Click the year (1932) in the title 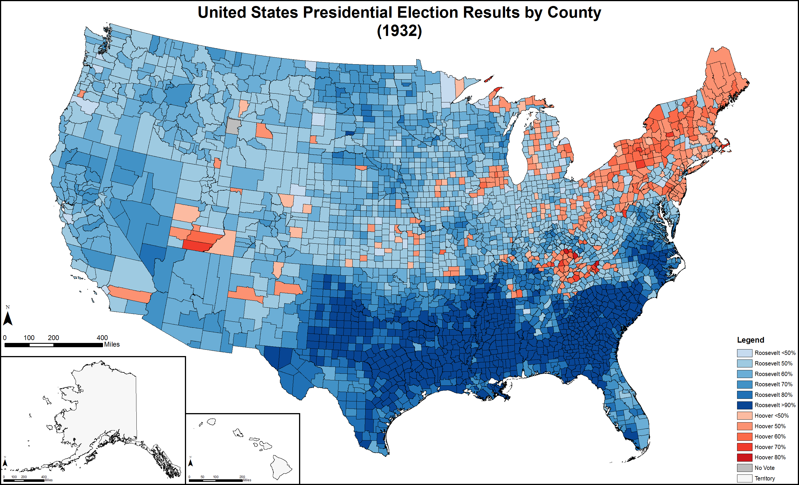coord(399,31)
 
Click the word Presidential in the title coord(347,13)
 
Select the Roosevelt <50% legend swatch coord(744,353)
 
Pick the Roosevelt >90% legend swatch coord(744,405)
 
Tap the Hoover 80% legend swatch coord(744,457)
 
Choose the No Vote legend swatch coord(744,468)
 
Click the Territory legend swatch coord(744,478)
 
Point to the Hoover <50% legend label coord(771,416)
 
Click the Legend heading coord(750,340)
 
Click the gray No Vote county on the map coord(233,126)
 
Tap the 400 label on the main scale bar coord(102,338)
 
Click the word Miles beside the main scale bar coord(112,345)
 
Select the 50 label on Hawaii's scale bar coord(202,477)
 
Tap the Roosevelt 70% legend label coord(773,384)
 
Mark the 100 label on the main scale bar coord(29,338)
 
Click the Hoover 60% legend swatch coord(744,437)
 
